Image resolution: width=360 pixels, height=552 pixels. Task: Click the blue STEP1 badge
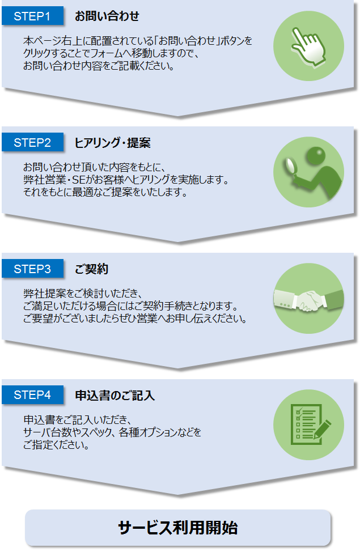(x=32, y=16)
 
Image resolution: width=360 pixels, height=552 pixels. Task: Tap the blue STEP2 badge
(x=32, y=143)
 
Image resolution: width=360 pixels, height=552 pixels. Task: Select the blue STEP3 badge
(x=32, y=269)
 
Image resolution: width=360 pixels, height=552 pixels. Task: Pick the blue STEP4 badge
(x=32, y=395)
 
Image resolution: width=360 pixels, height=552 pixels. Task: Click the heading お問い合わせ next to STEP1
(x=107, y=16)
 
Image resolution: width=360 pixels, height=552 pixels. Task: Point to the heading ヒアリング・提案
(x=112, y=143)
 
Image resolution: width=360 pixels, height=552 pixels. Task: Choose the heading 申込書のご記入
(x=115, y=396)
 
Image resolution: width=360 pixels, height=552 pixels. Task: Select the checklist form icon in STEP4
(x=304, y=424)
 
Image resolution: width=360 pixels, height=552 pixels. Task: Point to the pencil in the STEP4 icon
(x=322, y=430)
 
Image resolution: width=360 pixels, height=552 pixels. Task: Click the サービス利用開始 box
(x=177, y=528)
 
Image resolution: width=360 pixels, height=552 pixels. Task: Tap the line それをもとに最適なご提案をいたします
(x=105, y=192)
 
